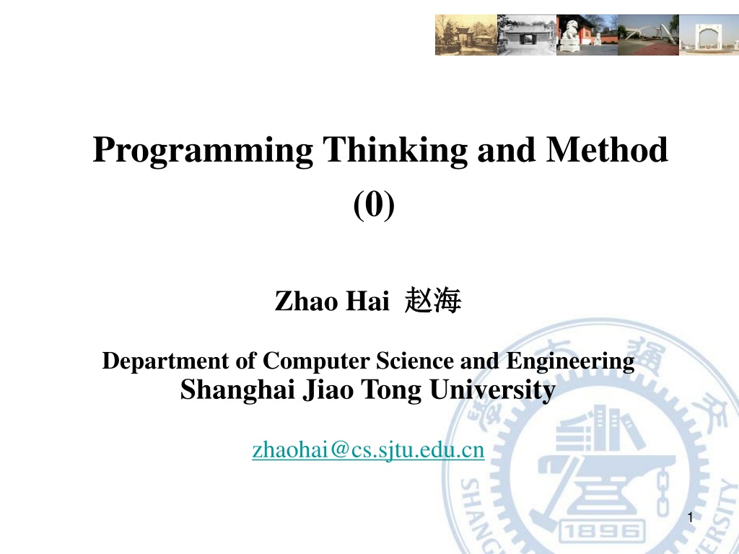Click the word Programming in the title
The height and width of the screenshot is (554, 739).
point(203,151)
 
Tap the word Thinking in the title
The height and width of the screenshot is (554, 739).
point(395,150)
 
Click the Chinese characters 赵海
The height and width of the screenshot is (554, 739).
point(433,300)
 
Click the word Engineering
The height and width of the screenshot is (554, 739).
point(570,362)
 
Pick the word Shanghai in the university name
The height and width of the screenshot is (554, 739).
point(237,390)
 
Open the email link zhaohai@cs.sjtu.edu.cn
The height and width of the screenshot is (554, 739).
point(368,450)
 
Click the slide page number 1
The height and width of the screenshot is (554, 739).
point(691,518)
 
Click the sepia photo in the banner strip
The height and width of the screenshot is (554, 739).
point(466,35)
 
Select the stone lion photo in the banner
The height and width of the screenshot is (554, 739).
point(587,35)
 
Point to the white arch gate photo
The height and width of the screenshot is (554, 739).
point(709,35)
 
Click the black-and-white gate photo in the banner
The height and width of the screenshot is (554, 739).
point(527,35)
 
